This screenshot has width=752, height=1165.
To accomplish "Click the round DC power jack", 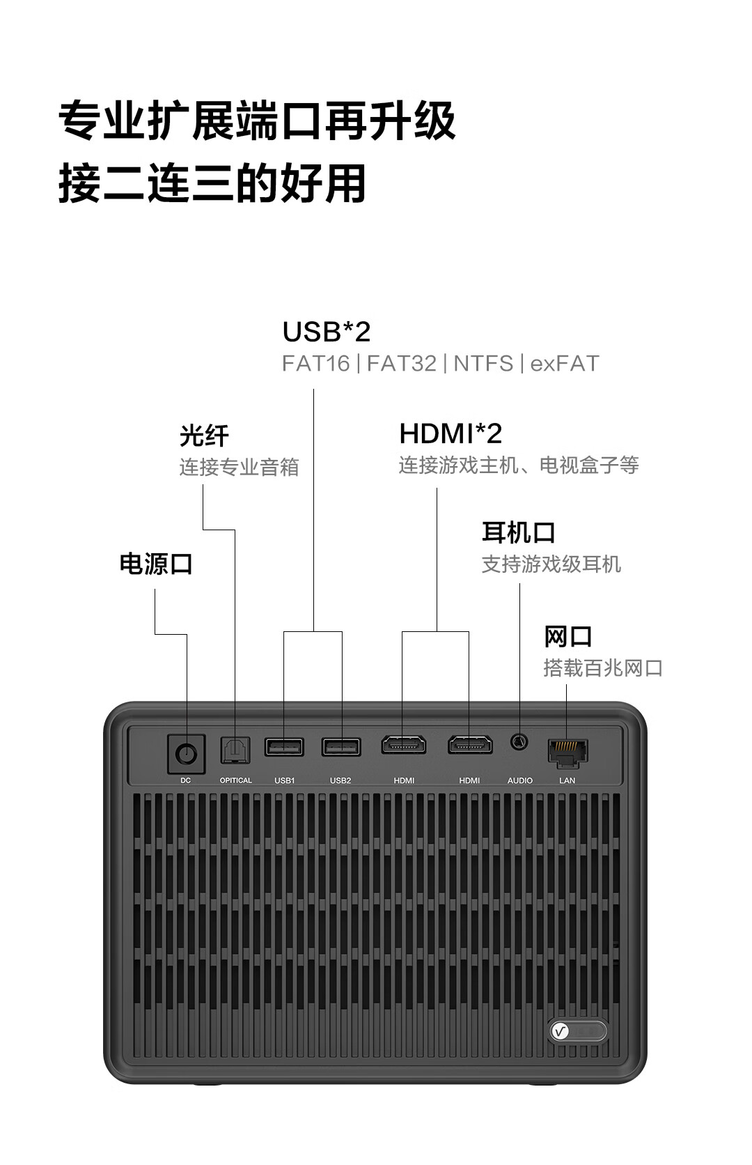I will click(186, 753).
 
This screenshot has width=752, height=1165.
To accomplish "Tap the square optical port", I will click(235, 750).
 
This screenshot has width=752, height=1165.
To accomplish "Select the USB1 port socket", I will click(284, 747).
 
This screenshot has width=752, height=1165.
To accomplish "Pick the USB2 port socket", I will click(341, 747).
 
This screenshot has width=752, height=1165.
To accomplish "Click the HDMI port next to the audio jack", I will click(470, 745).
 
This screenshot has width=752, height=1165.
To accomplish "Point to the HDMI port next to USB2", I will click(404, 745).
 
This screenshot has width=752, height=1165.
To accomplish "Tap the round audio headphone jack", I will click(519, 742).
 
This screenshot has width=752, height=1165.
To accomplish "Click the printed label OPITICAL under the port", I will click(236, 780).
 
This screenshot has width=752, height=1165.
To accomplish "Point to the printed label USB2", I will click(340, 780).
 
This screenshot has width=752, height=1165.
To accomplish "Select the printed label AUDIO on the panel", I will click(520, 780).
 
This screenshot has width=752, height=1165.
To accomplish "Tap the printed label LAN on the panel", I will click(567, 780).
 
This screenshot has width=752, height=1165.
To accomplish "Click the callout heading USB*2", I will click(326, 332).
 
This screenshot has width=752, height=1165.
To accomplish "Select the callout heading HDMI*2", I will click(451, 434).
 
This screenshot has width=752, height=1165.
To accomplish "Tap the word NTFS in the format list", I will click(483, 364).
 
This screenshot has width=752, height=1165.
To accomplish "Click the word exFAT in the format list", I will click(565, 364).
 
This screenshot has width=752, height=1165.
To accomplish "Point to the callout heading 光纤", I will click(204, 436).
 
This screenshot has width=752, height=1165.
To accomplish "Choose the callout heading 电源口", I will click(156, 564).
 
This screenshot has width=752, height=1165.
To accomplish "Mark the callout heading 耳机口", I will click(519, 533).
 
